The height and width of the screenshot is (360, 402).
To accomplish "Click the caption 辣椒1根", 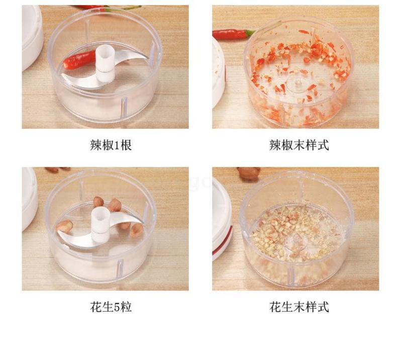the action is coord(111,145).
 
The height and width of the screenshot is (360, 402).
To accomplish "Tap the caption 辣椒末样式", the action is coord(299,145).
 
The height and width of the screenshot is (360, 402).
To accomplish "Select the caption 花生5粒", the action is coord(111,307).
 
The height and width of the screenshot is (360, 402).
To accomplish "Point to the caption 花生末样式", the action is coord(299,307).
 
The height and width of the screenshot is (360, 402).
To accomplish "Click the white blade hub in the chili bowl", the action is coord(106,63).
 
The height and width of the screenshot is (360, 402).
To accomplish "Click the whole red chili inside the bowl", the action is coord(79,60).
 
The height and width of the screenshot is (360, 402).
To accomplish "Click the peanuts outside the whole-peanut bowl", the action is coord(57,169).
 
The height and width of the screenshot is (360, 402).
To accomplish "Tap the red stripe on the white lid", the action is coord(223,240).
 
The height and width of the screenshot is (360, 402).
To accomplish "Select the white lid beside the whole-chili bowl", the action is coord(32,36).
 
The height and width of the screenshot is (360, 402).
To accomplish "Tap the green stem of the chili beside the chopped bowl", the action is coord(250,33).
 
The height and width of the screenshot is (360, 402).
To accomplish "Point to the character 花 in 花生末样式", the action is coord(275,307).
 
